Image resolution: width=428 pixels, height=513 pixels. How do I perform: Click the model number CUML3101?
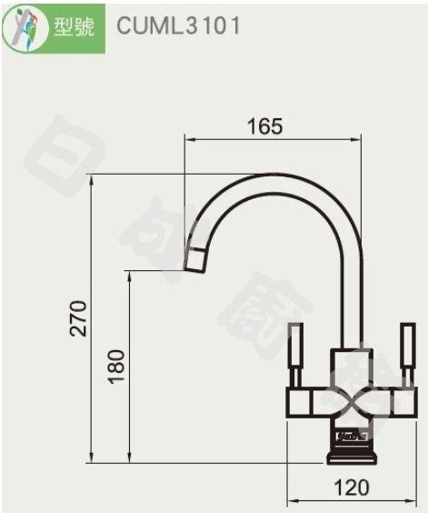tap(179, 25)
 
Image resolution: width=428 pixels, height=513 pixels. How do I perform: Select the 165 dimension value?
tap(265, 126)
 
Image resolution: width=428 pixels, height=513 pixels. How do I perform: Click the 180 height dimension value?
tap(115, 366)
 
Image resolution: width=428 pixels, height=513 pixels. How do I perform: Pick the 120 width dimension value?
tap(352, 488)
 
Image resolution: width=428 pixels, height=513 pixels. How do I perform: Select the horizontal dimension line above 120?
tap(352, 500)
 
